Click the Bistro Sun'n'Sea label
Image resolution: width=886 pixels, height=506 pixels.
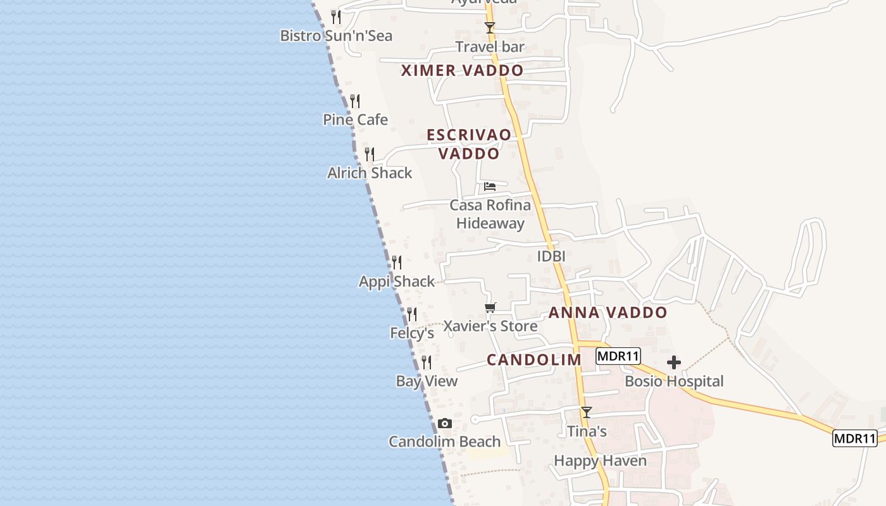(x=336, y=35)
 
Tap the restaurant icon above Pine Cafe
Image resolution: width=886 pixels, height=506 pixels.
(x=355, y=101)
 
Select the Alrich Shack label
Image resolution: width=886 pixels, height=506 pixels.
(x=370, y=173)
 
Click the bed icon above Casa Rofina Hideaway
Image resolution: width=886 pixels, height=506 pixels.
(x=490, y=186)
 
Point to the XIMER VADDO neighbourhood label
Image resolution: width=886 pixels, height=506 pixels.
(x=462, y=70)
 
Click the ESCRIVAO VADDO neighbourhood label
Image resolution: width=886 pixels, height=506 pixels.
(x=468, y=144)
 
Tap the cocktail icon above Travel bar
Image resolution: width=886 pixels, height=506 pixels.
(x=489, y=27)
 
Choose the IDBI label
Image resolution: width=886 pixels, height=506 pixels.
(x=551, y=256)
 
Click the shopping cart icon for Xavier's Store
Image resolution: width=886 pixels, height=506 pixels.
(x=490, y=308)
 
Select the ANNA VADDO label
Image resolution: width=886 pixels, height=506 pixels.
(x=608, y=312)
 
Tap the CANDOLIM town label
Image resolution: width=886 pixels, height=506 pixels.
(x=533, y=360)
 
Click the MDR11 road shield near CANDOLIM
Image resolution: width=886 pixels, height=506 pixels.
(x=618, y=356)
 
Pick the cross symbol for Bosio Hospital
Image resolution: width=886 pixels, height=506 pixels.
(x=674, y=362)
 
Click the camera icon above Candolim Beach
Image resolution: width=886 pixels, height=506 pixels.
(x=445, y=423)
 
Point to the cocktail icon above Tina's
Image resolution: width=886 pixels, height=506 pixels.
(x=587, y=412)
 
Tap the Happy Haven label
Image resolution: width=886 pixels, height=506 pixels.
(x=600, y=460)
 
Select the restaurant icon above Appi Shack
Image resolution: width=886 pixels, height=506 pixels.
(x=397, y=262)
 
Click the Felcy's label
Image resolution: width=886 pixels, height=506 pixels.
(x=412, y=333)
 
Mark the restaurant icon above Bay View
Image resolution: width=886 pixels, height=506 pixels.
(x=427, y=362)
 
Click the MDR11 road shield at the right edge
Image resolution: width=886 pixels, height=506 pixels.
(x=854, y=438)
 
